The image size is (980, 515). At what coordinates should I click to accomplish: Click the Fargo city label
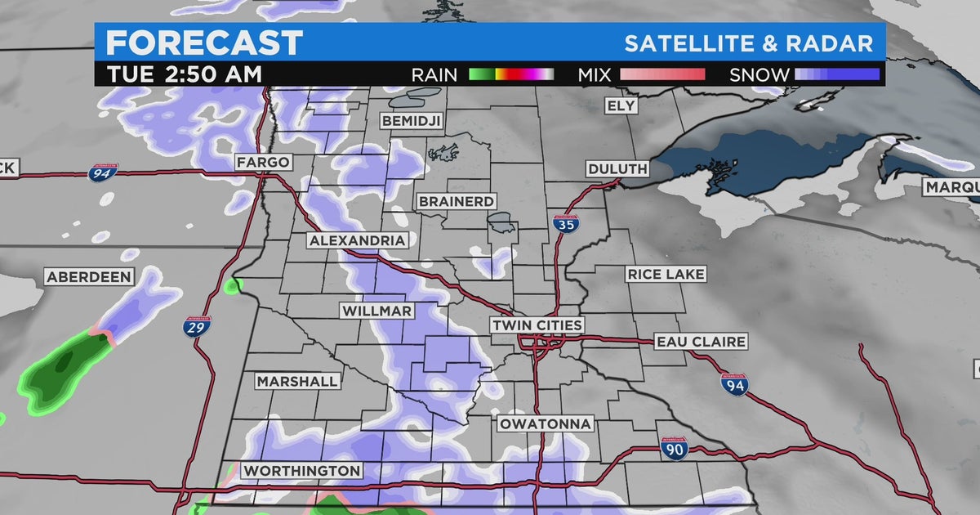pyautogui.click(x=263, y=162)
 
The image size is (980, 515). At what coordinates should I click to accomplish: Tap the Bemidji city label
pyautogui.click(x=411, y=121)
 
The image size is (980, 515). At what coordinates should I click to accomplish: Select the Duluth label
pyautogui.click(x=617, y=169)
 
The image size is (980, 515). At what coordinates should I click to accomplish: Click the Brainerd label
pyautogui.click(x=457, y=201)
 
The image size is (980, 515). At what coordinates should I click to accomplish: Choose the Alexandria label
pyautogui.click(x=357, y=240)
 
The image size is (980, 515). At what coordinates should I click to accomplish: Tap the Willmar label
pyautogui.click(x=377, y=311)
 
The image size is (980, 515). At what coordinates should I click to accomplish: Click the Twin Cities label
pyautogui.click(x=537, y=325)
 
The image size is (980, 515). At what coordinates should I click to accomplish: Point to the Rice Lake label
pyautogui.click(x=666, y=274)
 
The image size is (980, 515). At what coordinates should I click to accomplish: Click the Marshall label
pyautogui.click(x=296, y=382)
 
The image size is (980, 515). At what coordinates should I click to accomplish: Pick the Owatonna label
pyautogui.click(x=546, y=423)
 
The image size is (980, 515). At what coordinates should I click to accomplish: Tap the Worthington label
pyautogui.click(x=301, y=471)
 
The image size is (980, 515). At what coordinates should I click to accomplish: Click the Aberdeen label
pyautogui.click(x=88, y=277)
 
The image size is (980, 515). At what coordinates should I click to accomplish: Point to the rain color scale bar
pyautogui.click(x=511, y=75)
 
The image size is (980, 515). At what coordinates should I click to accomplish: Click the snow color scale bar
pyautogui.click(x=837, y=75)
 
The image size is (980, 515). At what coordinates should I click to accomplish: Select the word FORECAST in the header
pyautogui.click(x=204, y=43)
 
